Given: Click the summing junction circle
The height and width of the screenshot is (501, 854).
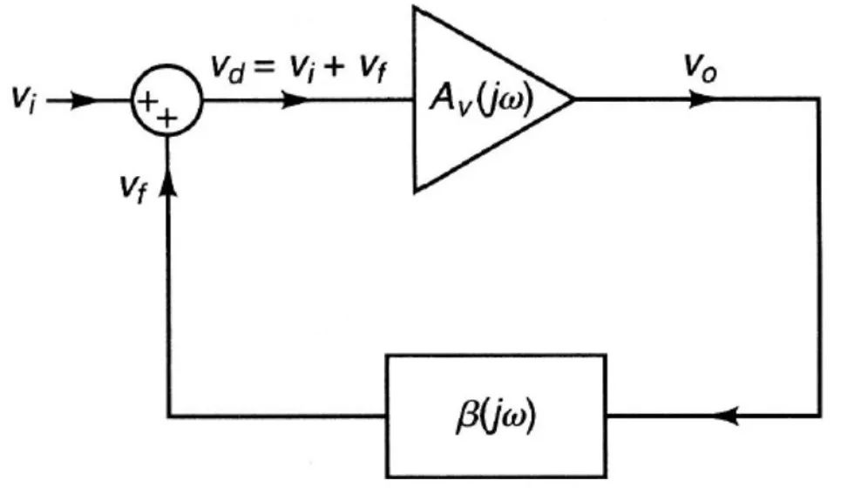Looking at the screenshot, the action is tap(166, 66).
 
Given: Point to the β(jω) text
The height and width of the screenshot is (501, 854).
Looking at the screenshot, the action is tap(496, 416).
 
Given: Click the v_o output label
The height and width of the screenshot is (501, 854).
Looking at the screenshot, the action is tap(700, 69).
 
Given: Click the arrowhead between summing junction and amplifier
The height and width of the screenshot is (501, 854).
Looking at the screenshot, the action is tap(295, 100).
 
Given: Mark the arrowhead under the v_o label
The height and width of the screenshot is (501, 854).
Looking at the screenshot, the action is tap(701, 99).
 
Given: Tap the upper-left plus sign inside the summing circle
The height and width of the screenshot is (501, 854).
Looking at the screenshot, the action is tap(146, 101).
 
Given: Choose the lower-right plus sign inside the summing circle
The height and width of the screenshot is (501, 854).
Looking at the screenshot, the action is tap(167, 118).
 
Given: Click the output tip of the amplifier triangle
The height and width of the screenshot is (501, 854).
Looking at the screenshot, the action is tap(574, 99).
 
